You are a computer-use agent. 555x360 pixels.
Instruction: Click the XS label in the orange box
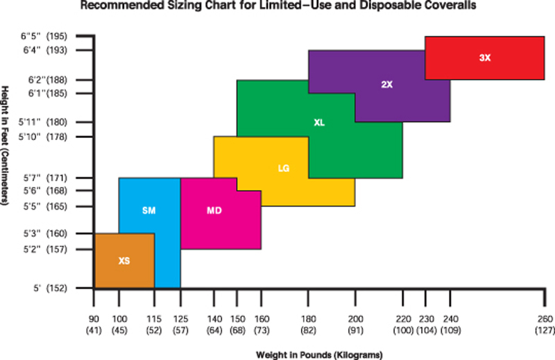click(123, 262)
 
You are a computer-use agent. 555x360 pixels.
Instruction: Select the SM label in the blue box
click(148, 209)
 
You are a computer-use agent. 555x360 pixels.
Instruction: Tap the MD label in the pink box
click(214, 209)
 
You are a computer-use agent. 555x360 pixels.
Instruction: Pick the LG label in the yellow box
click(283, 168)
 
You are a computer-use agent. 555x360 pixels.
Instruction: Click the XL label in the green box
click(319, 122)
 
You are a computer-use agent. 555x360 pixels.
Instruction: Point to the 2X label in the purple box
click(387, 85)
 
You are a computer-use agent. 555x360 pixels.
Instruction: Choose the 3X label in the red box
click(485, 58)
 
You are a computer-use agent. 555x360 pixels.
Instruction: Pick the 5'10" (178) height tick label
click(46, 136)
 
